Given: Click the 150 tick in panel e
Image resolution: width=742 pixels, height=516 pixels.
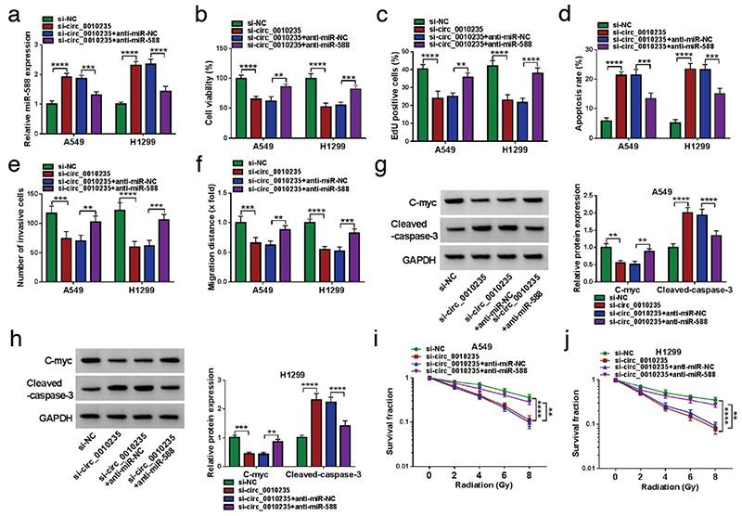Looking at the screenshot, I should (30, 191).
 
